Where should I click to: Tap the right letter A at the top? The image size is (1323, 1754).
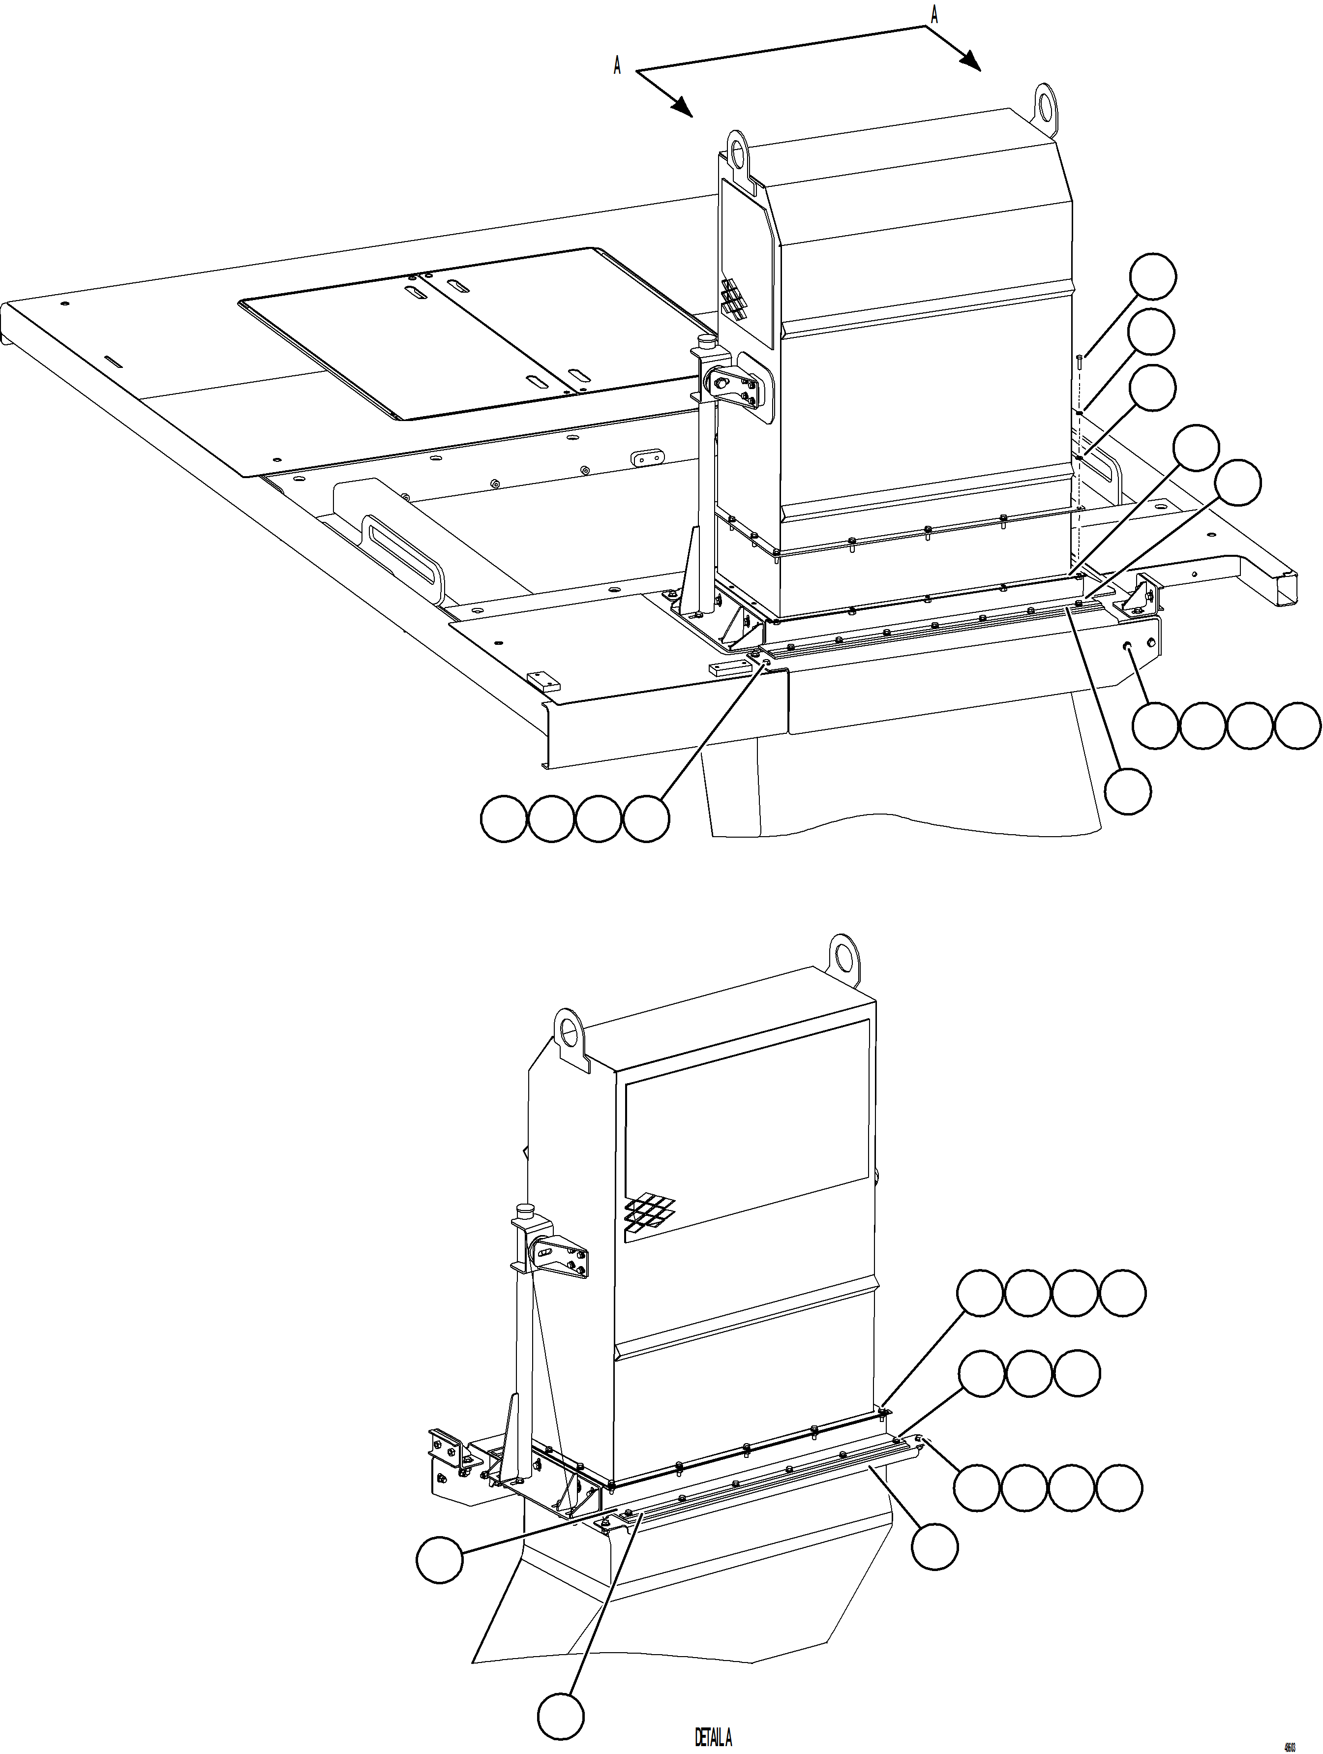pos(934,16)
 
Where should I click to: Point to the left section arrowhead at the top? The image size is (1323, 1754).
pos(683,109)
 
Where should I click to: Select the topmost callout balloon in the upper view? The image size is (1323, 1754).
pos(1152,277)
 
